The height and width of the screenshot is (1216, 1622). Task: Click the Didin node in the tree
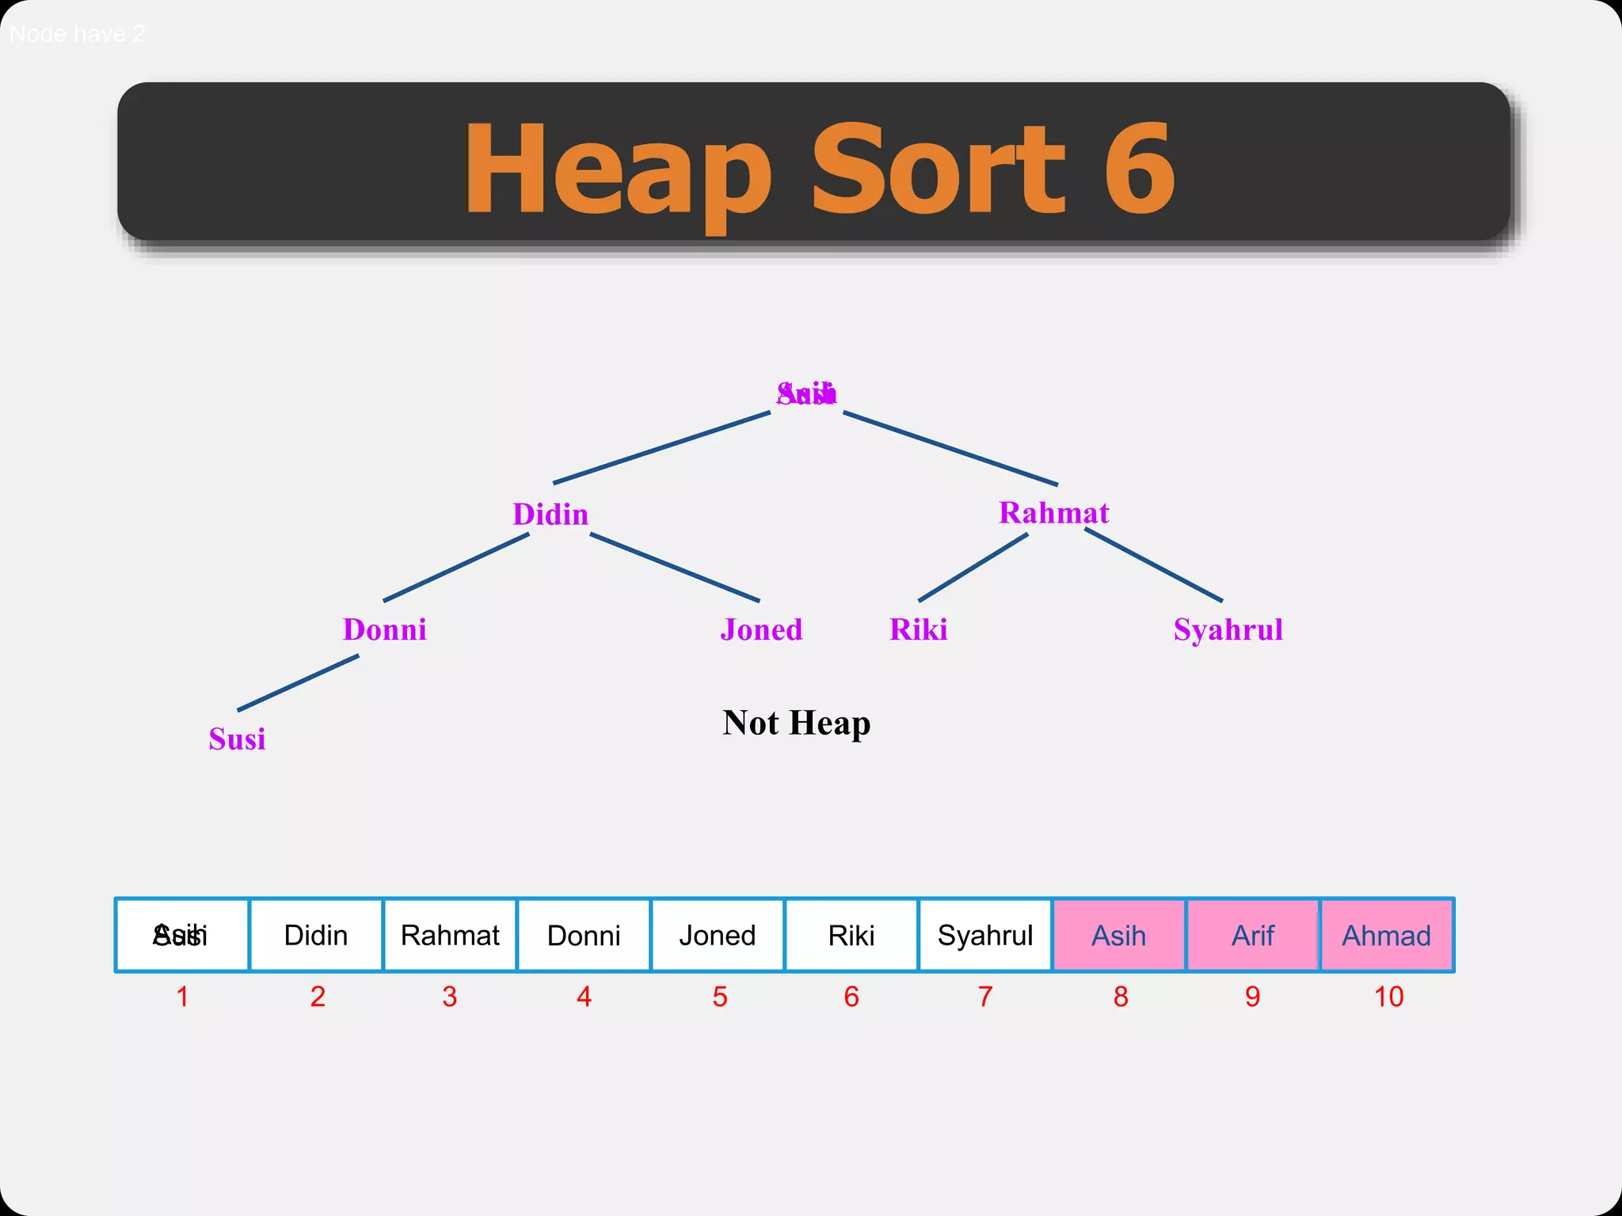click(550, 515)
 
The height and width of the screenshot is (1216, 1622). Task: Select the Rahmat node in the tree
click(1053, 513)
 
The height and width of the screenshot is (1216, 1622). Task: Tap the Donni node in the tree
click(384, 630)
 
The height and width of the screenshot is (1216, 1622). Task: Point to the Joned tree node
click(761, 630)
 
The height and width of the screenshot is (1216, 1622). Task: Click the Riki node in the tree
click(918, 630)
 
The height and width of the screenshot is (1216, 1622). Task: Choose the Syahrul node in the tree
click(1228, 630)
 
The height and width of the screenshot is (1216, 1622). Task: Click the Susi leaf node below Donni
click(237, 739)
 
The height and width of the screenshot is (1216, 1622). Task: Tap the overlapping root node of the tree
click(806, 393)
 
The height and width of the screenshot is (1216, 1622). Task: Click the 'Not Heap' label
click(796, 723)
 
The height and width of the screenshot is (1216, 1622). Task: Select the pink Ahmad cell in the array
click(1387, 935)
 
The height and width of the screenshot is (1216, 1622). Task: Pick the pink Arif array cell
click(1253, 935)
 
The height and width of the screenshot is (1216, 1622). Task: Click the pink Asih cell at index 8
click(1119, 935)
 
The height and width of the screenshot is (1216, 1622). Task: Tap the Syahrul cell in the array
click(985, 935)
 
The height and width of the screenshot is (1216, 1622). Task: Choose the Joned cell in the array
click(718, 935)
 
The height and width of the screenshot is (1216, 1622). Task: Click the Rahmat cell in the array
click(450, 935)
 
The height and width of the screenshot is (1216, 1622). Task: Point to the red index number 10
click(1388, 997)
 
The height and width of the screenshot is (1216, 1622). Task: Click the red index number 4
click(584, 997)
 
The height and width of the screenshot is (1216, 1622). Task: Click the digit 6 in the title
click(1138, 169)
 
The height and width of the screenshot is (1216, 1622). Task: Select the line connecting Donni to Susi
click(298, 682)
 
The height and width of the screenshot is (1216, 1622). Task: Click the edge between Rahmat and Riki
click(973, 568)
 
